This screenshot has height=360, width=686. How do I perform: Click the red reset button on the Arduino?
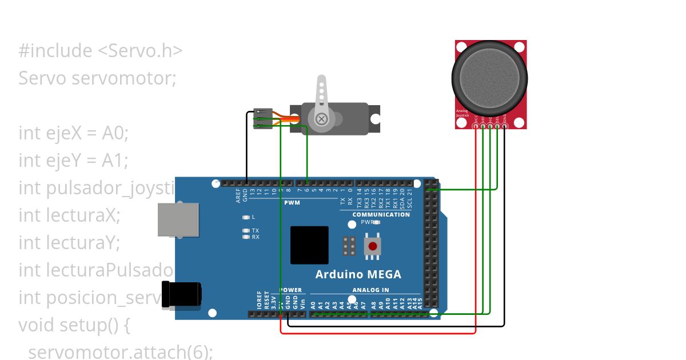tap(373, 246)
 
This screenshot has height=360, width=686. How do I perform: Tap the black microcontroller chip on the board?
tap(309, 245)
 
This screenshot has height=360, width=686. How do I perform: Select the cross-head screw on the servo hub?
tap(321, 119)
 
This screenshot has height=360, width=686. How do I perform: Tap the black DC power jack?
tap(182, 295)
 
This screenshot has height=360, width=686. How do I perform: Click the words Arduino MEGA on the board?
tap(358, 274)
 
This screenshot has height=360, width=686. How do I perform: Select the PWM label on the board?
tap(292, 202)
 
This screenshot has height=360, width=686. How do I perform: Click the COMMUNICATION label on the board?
tap(381, 214)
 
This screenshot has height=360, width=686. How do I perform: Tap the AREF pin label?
tap(238, 196)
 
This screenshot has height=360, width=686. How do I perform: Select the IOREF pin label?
tap(259, 300)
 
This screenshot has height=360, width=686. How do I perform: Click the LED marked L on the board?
tap(246, 217)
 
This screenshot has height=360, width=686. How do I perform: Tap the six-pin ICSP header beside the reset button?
tap(349, 246)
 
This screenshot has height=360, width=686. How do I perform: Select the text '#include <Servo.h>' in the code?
tap(101, 51)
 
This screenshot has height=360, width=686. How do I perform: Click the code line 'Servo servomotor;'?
tap(97, 78)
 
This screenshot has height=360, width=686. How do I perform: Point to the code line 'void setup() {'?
tap(75, 325)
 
